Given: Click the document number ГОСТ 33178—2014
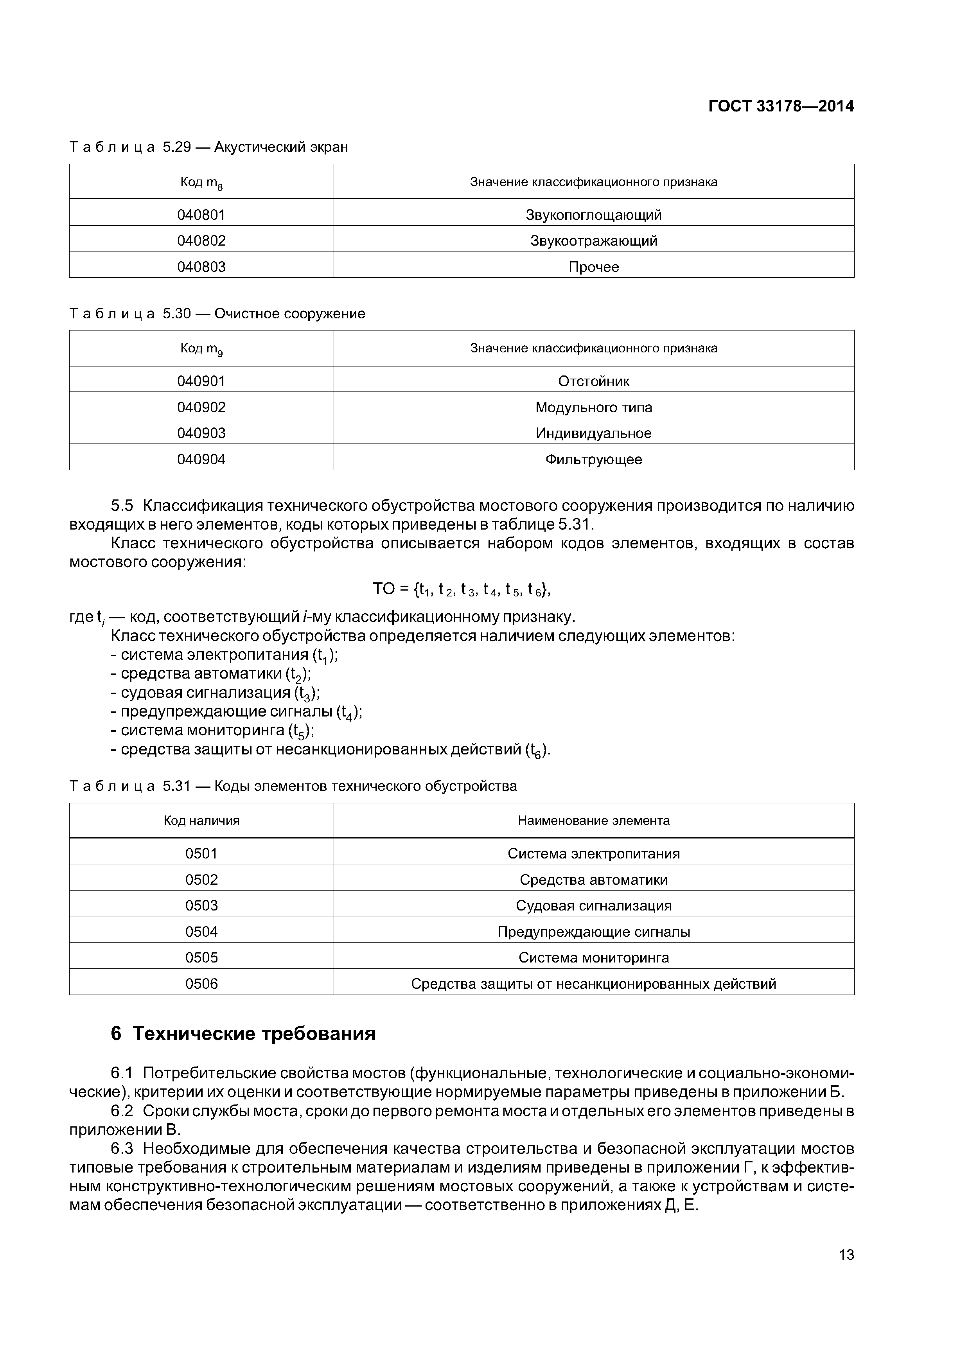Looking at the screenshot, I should point(781,106).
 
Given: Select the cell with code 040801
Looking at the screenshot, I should point(201,215).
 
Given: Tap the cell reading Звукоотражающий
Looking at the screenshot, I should point(593,241).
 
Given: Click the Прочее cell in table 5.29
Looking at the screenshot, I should point(593,266).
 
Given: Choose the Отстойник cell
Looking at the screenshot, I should point(593,381).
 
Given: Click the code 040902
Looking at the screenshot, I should point(201,408).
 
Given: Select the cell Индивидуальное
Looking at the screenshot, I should point(593,433).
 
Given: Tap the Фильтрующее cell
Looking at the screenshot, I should point(593,460).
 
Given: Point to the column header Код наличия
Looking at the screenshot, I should point(201,821).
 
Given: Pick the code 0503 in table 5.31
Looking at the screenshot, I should point(201,905).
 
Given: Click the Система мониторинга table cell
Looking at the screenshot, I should point(593,957).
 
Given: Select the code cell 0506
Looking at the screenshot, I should point(201,984).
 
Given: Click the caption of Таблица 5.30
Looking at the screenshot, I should point(217,314).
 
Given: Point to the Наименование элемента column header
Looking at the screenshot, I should point(593,821).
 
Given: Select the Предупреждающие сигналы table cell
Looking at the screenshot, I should point(593,932).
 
